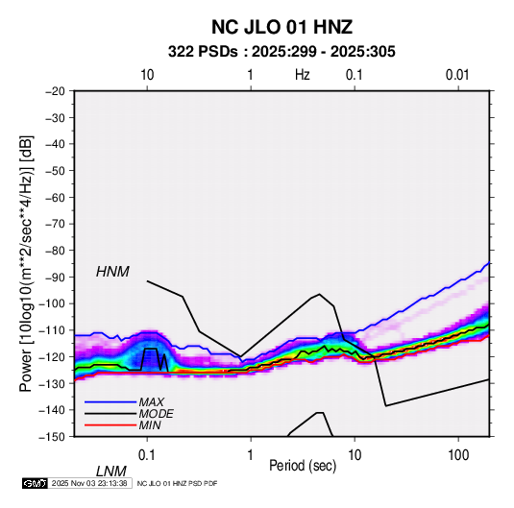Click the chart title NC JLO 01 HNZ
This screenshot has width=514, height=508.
point(281,27)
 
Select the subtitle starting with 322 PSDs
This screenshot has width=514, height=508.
point(281,52)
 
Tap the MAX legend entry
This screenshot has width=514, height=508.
point(151,402)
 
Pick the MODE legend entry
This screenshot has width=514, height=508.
point(156,414)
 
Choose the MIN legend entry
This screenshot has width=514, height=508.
point(150,425)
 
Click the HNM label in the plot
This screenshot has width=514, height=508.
point(112,272)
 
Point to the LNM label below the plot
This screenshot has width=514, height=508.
point(110,472)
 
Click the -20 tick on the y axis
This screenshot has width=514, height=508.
point(55,91)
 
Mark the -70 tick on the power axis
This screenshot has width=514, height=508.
point(55,224)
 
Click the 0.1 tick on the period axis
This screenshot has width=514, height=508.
point(147,455)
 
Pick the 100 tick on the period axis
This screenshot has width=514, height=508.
point(457,455)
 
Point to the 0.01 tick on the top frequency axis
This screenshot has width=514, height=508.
point(457,75)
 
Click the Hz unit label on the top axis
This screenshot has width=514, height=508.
point(303,75)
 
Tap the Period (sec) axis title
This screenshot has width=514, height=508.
point(303,466)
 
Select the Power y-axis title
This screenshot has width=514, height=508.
point(26,264)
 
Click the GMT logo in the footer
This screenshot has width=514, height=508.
point(36,483)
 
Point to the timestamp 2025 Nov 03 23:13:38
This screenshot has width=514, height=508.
point(89,483)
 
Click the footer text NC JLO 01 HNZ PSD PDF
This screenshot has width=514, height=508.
point(177,484)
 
